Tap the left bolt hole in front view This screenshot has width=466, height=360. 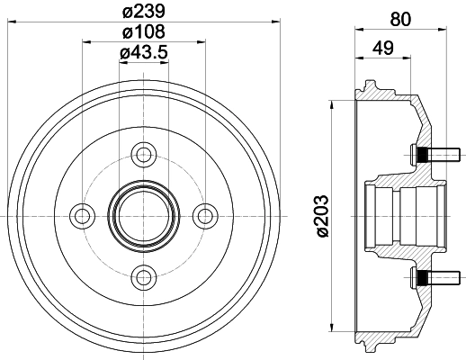pyautogui.click(x=83, y=214)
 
